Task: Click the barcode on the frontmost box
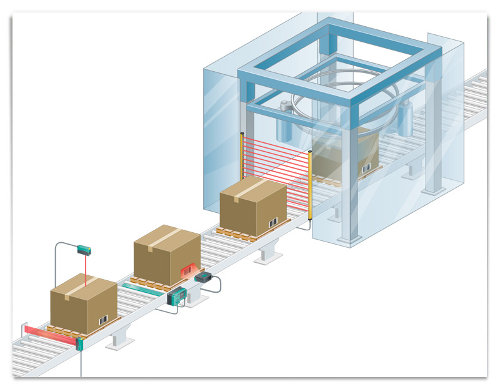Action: [x=104, y=319]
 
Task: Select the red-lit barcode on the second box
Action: [x=187, y=271]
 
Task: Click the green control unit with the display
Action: [x=177, y=296]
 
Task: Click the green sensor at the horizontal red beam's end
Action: [x=79, y=343]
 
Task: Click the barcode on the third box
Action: [x=273, y=222]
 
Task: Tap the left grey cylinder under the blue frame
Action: [x=284, y=125]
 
